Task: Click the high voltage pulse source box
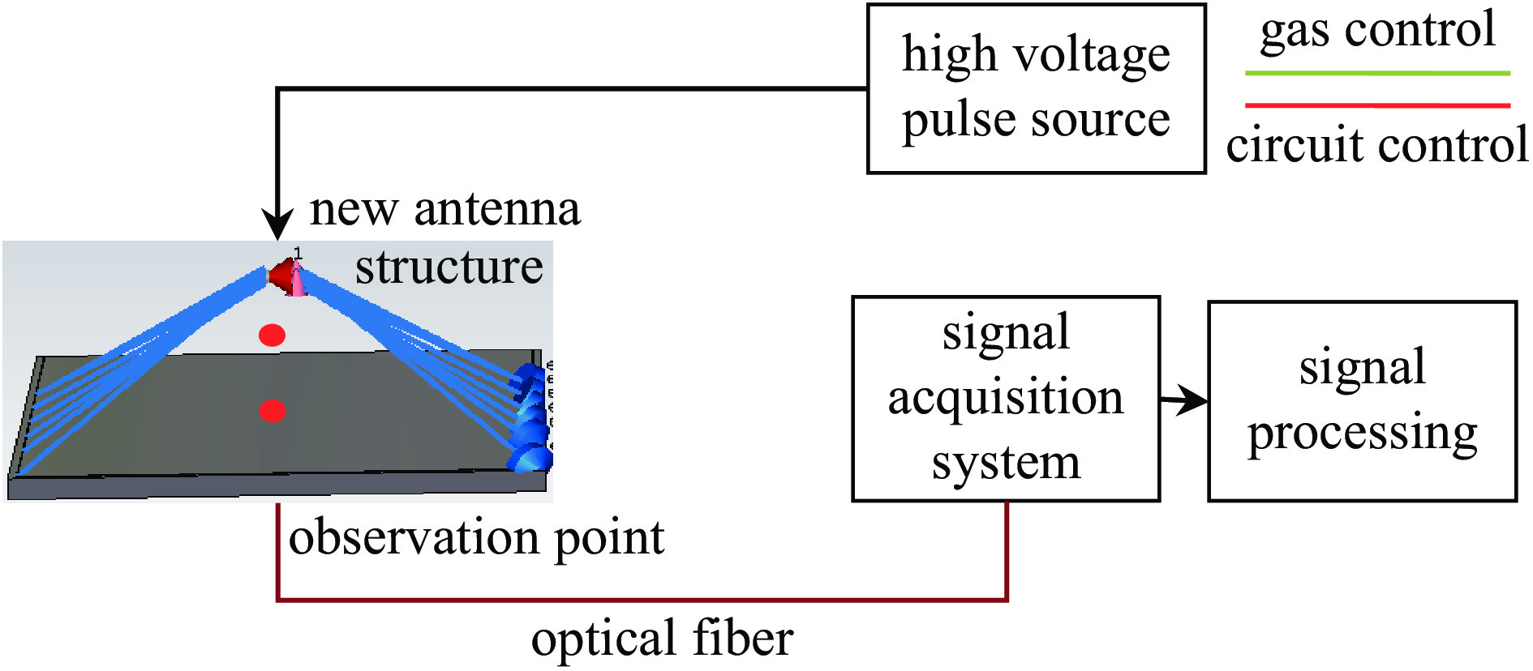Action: coord(1036,88)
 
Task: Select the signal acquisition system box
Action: coord(1005,398)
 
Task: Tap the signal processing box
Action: coord(1362,400)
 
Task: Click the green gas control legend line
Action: coord(1376,74)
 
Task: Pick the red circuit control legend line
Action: coord(1376,105)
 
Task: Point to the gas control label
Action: coord(1376,31)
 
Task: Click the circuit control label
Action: coord(1376,146)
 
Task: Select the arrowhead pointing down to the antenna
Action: coord(277,224)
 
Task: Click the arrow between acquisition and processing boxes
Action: coord(1183,400)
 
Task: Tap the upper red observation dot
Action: coord(272,335)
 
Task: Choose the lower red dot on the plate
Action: coord(273,411)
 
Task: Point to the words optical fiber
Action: coord(662,639)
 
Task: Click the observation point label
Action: coord(476,537)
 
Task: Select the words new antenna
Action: coord(444,209)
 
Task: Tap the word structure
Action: coord(449,267)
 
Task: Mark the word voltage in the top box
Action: coord(1092,56)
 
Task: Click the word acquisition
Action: coord(1005,398)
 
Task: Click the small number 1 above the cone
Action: coord(298,253)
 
